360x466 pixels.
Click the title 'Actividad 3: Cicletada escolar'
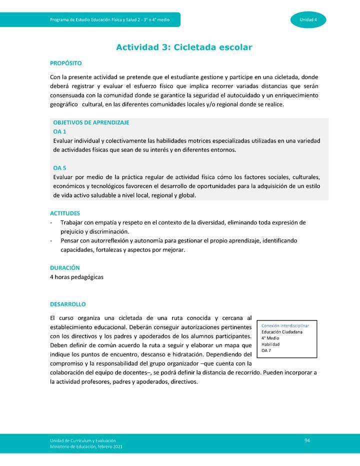tap(184, 47)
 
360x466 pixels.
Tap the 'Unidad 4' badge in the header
tap(308, 19)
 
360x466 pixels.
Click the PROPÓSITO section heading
tap(65, 63)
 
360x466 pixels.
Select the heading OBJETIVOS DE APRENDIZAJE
tap(91, 122)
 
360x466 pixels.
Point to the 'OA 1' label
tap(59, 131)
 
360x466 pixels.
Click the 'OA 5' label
tap(59, 168)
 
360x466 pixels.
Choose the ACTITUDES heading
tap(65, 213)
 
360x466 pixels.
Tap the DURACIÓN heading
tap(65, 268)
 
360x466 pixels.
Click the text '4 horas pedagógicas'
tap(76, 277)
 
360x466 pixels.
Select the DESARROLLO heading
tap(68, 304)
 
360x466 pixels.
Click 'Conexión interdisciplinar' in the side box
tap(285, 325)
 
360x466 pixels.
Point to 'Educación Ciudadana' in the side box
tap(282, 332)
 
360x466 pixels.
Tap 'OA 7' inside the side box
tap(266, 351)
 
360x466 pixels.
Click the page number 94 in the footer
tap(307, 440)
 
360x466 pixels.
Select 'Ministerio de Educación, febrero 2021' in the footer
tap(85, 446)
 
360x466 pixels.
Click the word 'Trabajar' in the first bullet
tap(72, 222)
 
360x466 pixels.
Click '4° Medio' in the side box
tap(270, 338)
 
